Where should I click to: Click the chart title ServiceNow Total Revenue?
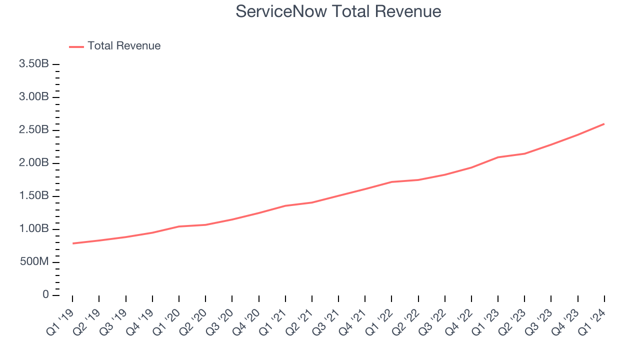tap(338, 11)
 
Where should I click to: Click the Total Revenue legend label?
tap(124, 46)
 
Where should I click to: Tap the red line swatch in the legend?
tap(76, 46)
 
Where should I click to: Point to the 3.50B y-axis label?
tap(33, 64)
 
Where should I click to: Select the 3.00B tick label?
tap(33, 97)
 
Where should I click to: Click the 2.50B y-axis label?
tap(33, 130)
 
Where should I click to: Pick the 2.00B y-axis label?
tap(33, 163)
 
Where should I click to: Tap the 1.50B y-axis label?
tap(33, 196)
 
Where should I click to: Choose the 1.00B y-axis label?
tap(33, 229)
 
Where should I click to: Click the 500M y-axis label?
tap(33, 262)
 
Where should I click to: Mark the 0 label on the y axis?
tap(45, 295)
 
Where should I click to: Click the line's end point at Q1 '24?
tap(604, 123)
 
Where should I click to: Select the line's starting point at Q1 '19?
tap(72, 243)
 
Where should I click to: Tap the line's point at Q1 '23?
tap(498, 157)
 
